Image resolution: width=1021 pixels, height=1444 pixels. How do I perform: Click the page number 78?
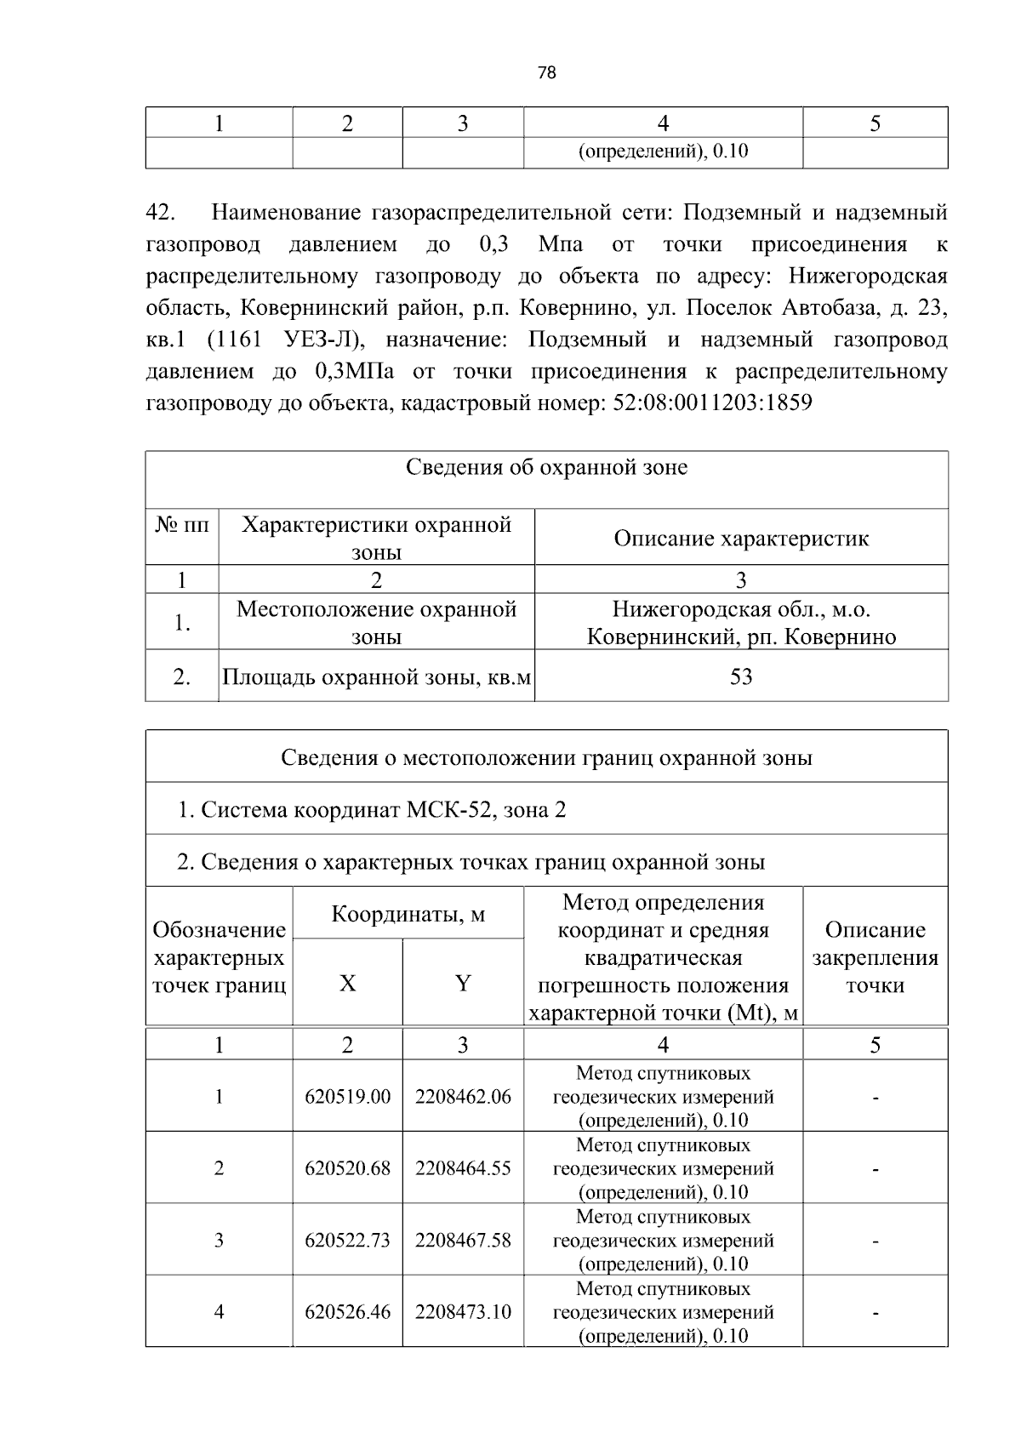point(547,73)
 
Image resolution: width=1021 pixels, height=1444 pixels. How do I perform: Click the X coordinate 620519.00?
point(347,1097)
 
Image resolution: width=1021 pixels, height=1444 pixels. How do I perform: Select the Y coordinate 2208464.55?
point(463,1168)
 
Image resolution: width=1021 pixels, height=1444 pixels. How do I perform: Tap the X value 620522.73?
point(347,1241)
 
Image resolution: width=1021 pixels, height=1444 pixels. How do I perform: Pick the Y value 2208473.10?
point(463,1312)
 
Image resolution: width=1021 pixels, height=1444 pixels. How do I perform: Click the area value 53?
point(740,677)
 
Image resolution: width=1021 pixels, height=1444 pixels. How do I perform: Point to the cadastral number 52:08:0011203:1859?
point(712,402)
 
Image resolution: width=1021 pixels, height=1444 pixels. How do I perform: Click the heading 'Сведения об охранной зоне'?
point(546,467)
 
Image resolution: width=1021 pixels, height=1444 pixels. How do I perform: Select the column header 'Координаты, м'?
point(408,915)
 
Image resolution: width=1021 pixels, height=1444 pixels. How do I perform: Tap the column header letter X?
point(347,984)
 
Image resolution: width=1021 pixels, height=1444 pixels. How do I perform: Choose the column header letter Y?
point(463,984)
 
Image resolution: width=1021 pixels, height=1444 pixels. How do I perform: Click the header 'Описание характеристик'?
point(740,539)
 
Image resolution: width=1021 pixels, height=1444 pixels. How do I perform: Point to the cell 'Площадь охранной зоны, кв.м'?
point(376,677)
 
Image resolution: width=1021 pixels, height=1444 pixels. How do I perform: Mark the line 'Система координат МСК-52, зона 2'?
point(372,809)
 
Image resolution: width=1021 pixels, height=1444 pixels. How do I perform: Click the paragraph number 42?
point(160,212)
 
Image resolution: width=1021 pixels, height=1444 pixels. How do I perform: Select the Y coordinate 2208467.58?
point(463,1241)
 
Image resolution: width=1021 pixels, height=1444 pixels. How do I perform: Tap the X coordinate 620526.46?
point(347,1312)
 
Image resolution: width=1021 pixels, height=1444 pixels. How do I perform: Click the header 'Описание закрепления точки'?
point(875,957)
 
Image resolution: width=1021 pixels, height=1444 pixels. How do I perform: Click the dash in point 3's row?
point(875,1241)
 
